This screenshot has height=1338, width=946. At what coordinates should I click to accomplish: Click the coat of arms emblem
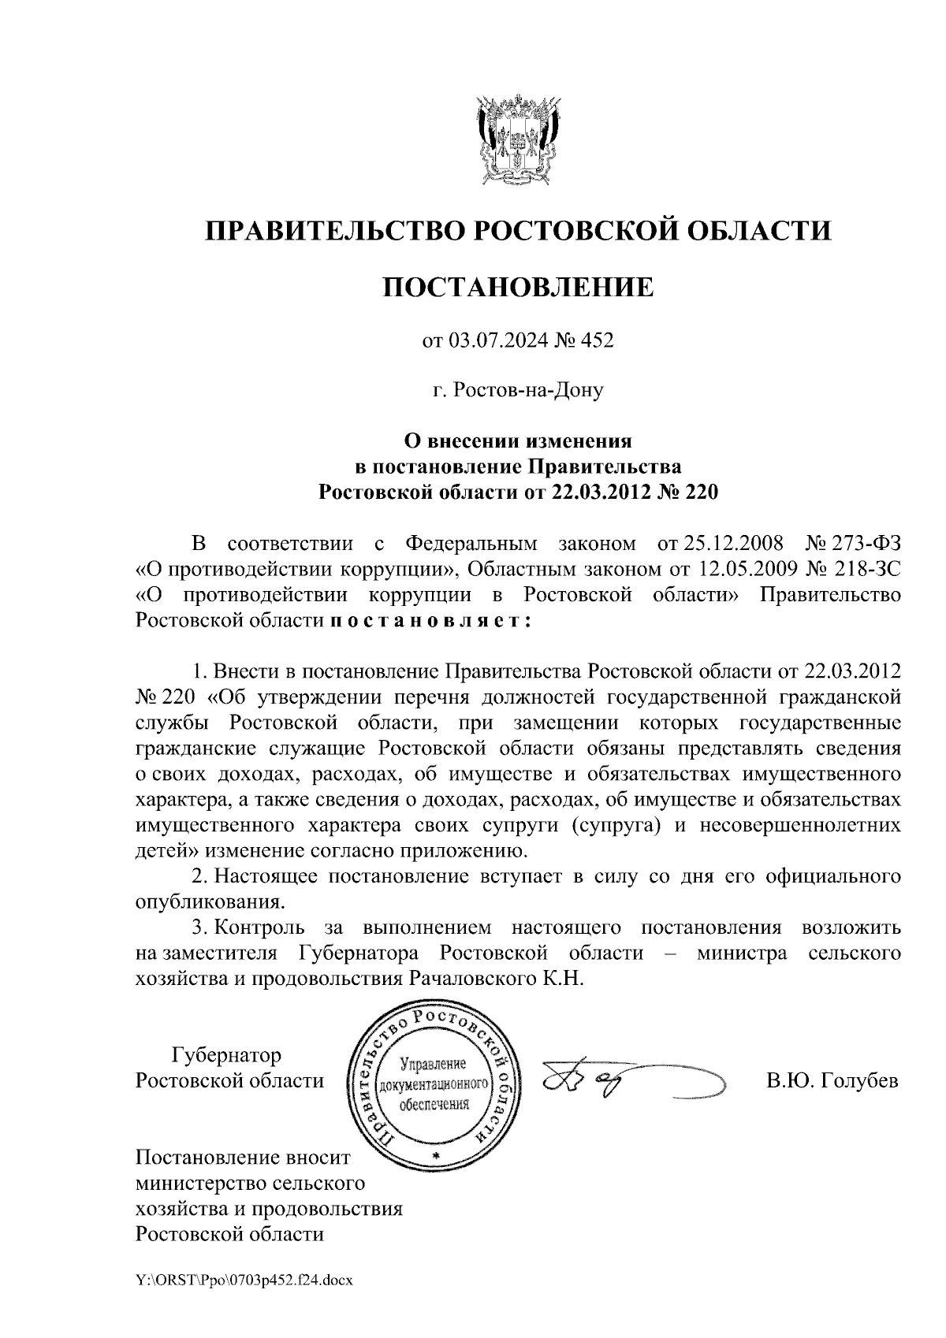point(519,137)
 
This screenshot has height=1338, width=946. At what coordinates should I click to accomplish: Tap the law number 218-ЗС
point(866,569)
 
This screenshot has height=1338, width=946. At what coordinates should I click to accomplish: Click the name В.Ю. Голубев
point(832,1080)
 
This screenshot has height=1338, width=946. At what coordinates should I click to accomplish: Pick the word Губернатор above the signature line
point(226,1054)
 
